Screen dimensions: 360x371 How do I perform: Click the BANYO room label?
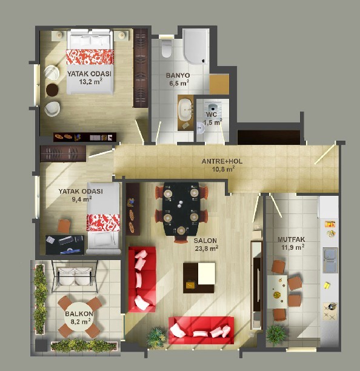178,76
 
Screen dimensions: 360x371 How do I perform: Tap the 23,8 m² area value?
207,249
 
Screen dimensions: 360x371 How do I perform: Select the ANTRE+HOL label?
222,161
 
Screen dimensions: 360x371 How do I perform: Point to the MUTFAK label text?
292,239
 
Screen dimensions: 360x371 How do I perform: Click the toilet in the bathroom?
167,48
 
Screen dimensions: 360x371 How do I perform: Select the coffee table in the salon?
199,278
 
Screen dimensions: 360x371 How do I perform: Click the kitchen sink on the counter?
330,260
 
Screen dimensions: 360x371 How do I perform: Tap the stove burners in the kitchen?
330,312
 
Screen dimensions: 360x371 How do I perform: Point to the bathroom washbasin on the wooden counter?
185,110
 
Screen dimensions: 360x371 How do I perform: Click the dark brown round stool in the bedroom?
52,90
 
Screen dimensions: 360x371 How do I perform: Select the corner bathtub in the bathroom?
196,46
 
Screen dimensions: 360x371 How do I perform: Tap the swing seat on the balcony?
72,276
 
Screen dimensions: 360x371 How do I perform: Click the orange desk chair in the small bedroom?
64,226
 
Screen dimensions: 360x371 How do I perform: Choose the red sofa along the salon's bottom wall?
201,330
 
